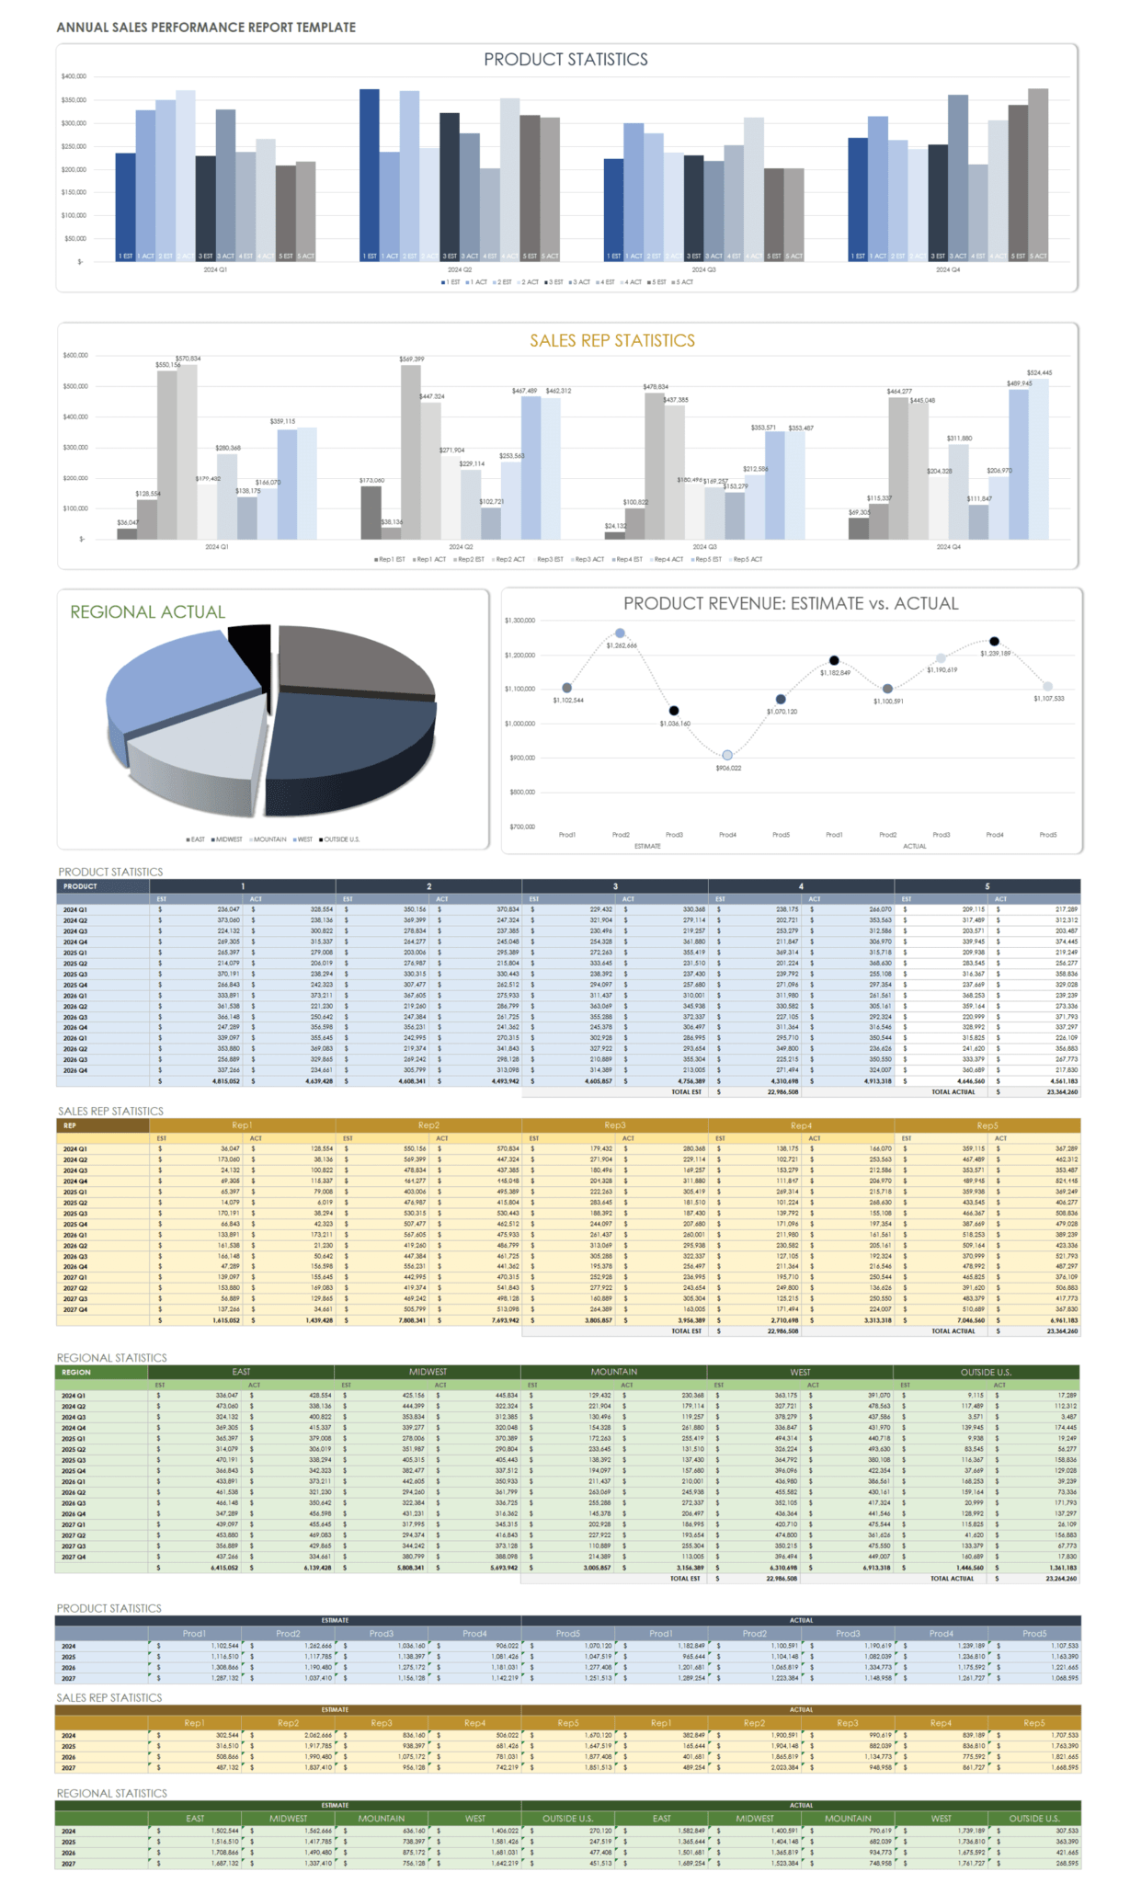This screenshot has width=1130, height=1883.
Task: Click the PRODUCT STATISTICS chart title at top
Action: pyautogui.click(x=565, y=60)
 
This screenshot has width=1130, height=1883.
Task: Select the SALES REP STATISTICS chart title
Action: pyautogui.click(x=611, y=341)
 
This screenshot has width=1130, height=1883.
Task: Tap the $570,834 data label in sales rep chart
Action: pyautogui.click(x=188, y=359)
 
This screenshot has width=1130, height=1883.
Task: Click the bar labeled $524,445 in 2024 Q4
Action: pyautogui.click(x=1039, y=460)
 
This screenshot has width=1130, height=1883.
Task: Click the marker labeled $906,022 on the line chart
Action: pyautogui.click(x=727, y=755)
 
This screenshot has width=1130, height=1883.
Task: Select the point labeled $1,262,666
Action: pyautogui.click(x=620, y=633)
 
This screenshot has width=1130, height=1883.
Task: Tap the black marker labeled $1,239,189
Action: pyautogui.click(x=994, y=641)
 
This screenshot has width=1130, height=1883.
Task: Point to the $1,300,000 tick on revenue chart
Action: pyautogui.click(x=519, y=621)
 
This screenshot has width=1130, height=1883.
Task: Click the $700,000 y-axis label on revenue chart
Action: pyautogui.click(x=521, y=827)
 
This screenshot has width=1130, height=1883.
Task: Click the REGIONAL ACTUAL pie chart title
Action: pyautogui.click(x=147, y=612)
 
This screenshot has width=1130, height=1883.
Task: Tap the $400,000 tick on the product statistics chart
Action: pyautogui.click(x=74, y=76)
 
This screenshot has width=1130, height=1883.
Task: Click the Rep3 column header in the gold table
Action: pyautogui.click(x=614, y=1125)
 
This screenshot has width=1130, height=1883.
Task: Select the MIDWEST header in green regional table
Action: pyautogui.click(x=428, y=1372)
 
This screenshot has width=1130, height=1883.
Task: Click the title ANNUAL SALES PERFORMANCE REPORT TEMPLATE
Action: pyautogui.click(x=206, y=28)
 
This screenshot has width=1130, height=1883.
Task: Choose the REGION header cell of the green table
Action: pyautogui.click(x=76, y=1372)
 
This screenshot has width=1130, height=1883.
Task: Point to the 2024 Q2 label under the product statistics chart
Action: pyautogui.click(x=460, y=269)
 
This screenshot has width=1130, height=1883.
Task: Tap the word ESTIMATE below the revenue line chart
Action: pyautogui.click(x=647, y=846)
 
